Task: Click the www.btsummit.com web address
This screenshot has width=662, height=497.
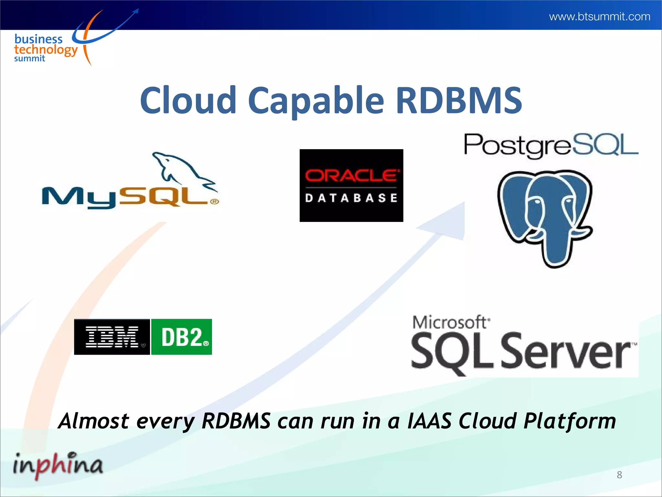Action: [x=600, y=17]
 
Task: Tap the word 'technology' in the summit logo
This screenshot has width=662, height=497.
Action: [x=46, y=50]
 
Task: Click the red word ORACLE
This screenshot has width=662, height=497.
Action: [x=351, y=175]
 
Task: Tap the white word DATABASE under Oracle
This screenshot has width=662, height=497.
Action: [x=351, y=198]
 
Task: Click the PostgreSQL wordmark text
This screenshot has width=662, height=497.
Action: [x=551, y=145]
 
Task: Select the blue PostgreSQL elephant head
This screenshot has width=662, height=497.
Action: [x=546, y=217]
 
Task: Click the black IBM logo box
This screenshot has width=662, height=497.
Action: [x=112, y=337]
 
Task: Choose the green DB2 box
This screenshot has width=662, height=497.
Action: [x=182, y=337]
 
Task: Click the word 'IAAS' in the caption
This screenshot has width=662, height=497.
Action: [x=429, y=421]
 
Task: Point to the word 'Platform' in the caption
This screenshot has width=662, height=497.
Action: [x=570, y=421]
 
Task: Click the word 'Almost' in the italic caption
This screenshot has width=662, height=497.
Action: [x=94, y=421]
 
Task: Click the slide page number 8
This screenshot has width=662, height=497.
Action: [x=619, y=475]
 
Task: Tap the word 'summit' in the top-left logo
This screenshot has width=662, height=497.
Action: [x=29, y=59]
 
